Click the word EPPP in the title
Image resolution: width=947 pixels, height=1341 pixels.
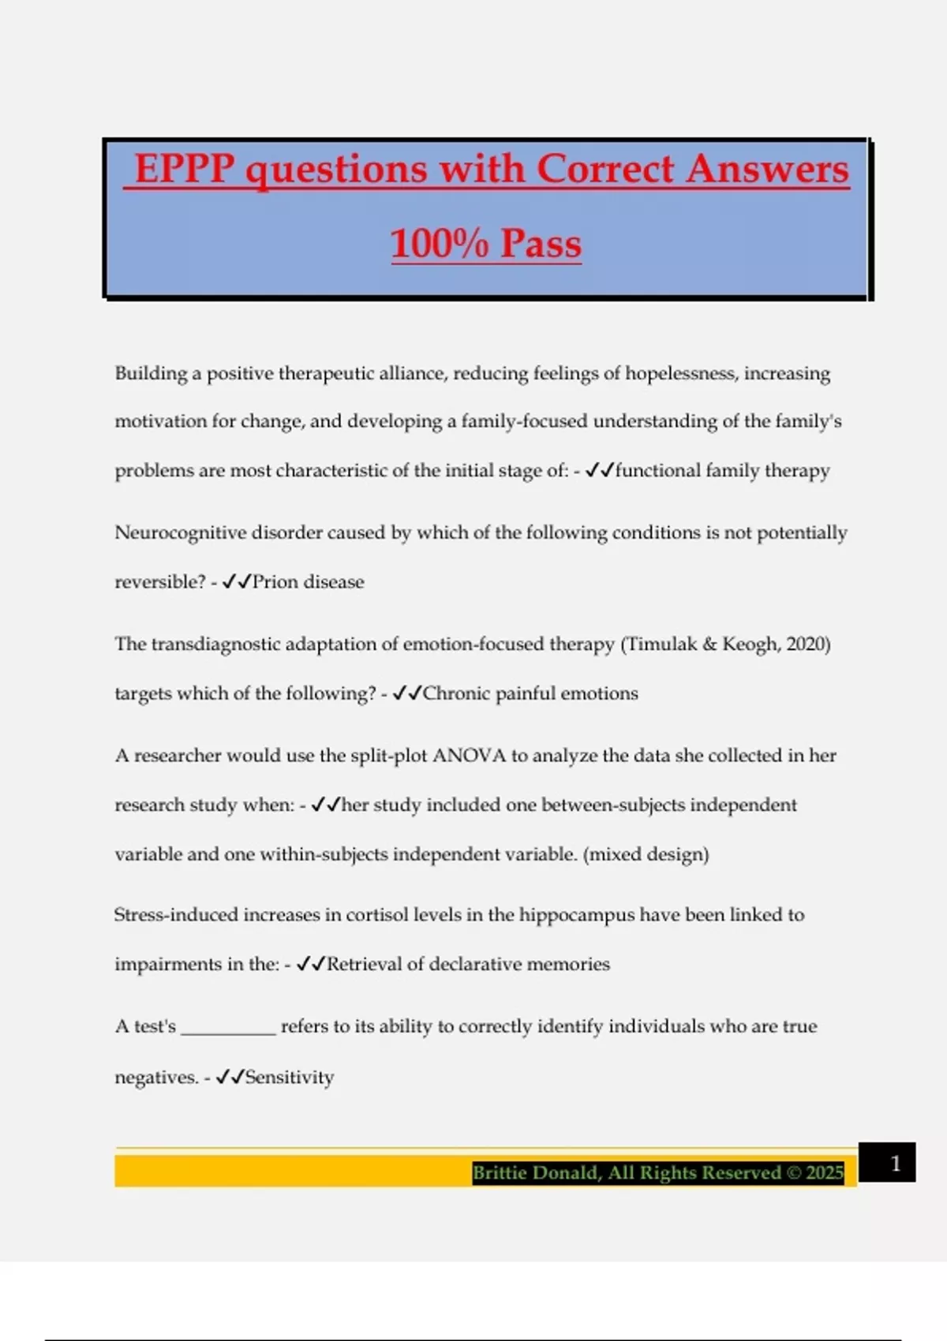185,169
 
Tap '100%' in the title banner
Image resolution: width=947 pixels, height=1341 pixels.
440,243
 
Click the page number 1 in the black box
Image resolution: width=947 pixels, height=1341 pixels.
895,1164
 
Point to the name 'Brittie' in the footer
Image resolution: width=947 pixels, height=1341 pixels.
503,1173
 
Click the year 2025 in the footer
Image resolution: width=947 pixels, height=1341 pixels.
825,1173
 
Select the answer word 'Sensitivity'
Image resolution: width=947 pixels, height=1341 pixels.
290,1077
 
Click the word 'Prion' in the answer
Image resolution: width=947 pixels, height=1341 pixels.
275,582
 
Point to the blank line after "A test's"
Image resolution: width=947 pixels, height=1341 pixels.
229,1028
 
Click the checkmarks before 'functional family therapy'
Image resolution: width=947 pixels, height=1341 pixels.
600,471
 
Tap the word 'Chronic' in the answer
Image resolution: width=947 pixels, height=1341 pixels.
455,693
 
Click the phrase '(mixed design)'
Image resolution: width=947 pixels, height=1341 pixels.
646,854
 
